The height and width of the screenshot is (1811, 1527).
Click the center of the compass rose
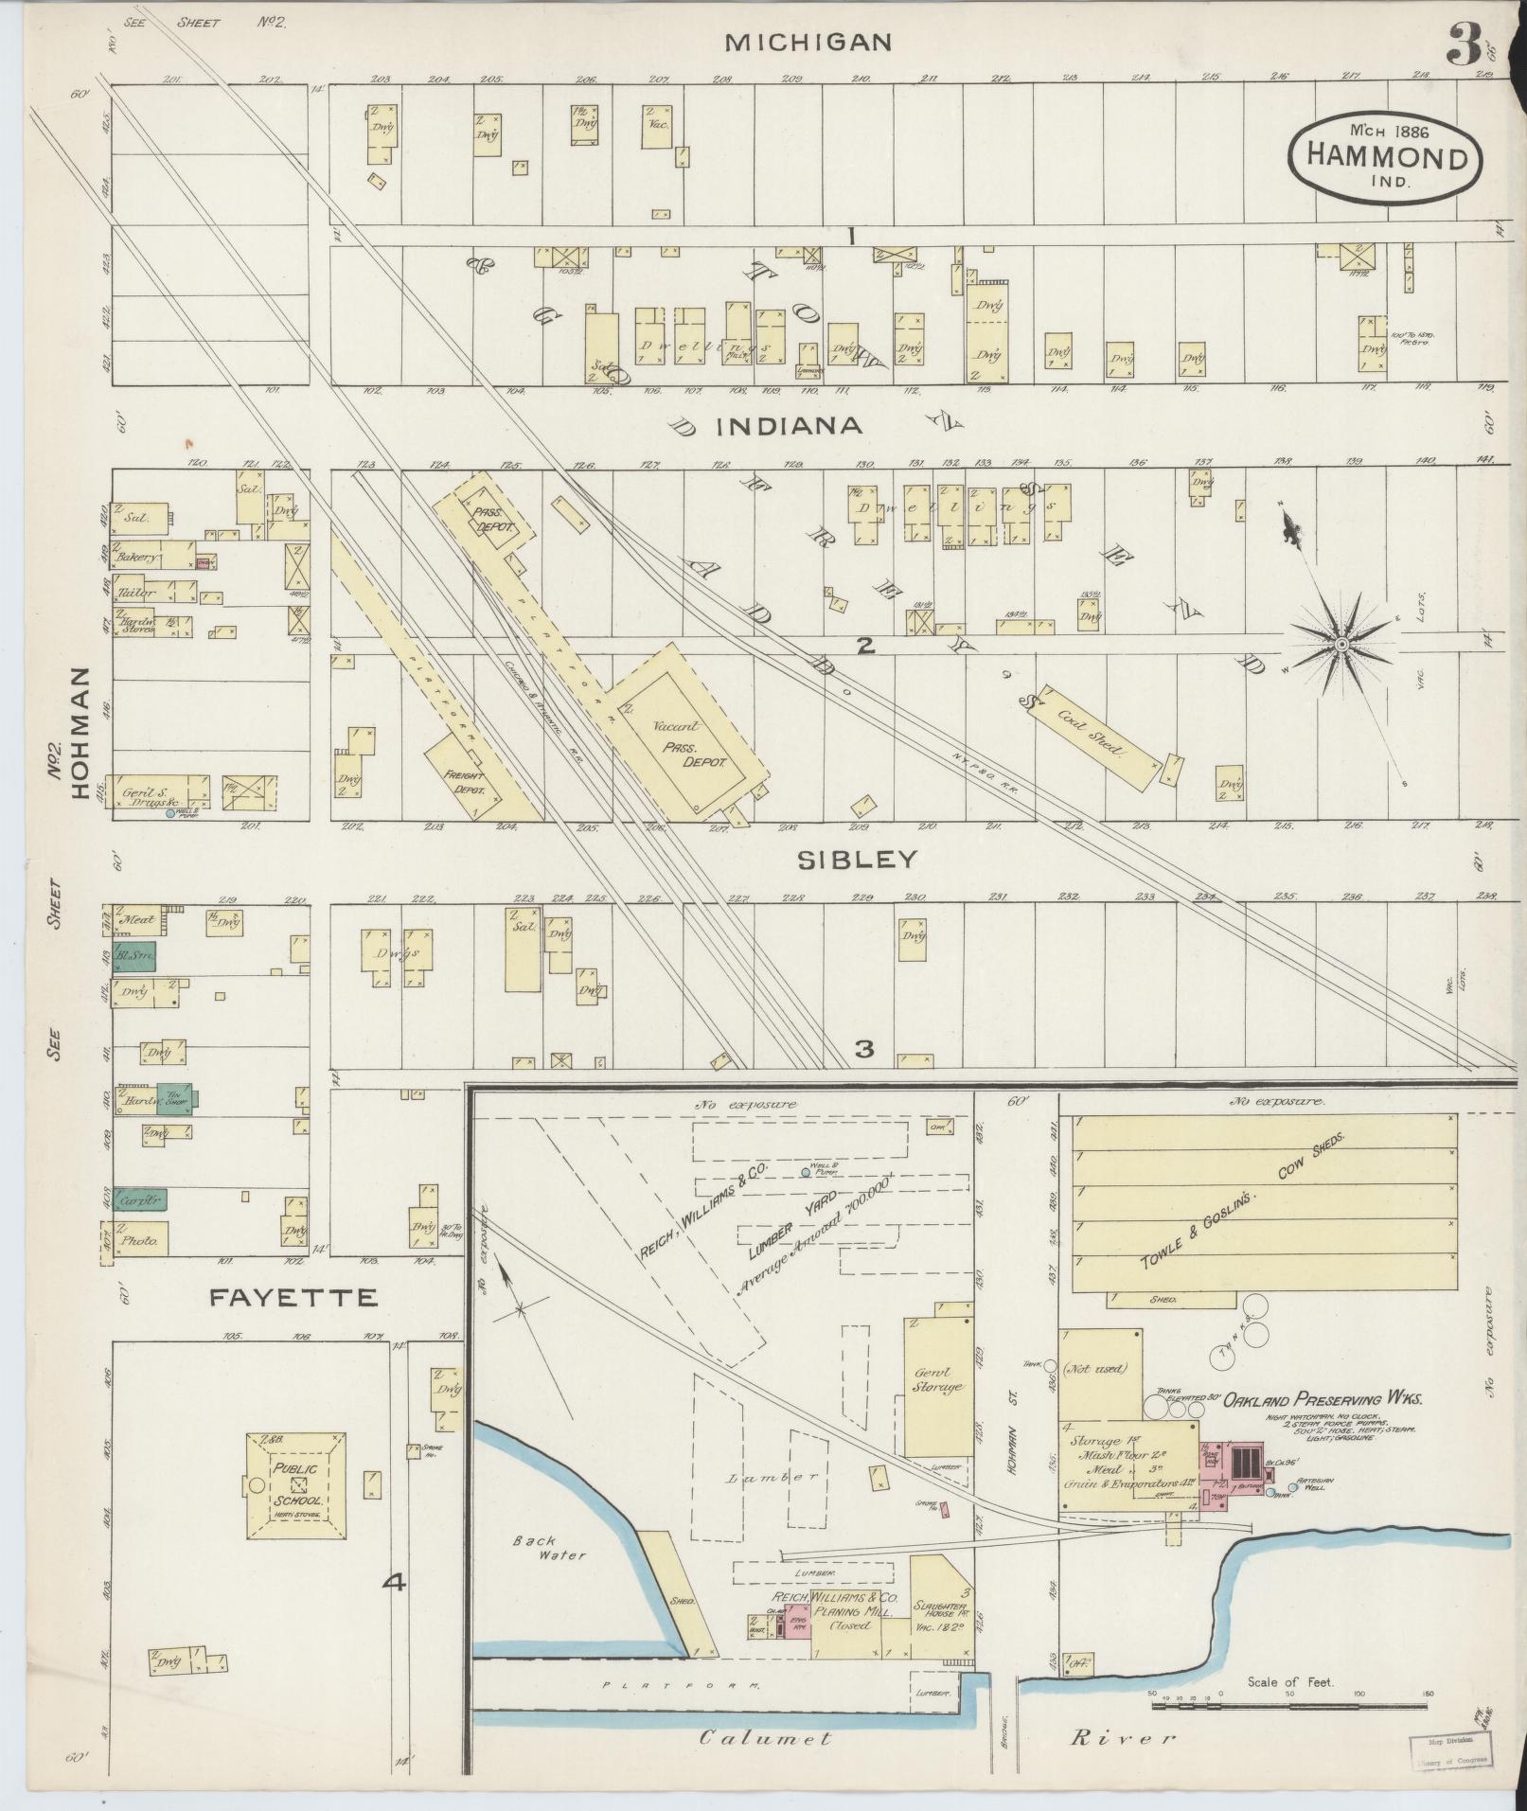(1341, 645)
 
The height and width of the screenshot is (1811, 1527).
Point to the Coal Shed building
(1099, 732)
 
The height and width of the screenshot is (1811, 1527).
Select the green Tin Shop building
(176, 1098)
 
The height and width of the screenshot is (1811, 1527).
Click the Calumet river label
(765, 1737)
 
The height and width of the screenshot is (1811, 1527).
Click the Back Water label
(535, 1548)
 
